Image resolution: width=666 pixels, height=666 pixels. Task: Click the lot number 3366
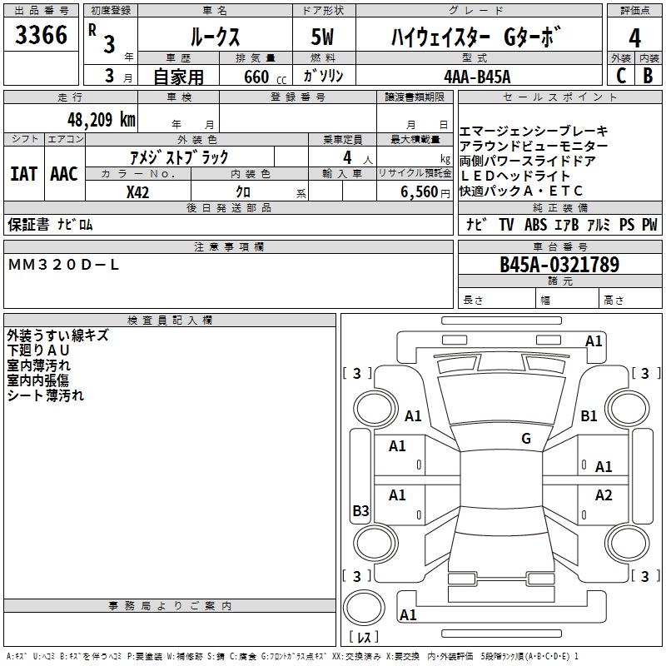42,36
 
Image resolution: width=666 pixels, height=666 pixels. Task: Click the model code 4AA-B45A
477,77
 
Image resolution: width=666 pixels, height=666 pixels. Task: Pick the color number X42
138,191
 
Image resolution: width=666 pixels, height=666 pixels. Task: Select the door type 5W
323,37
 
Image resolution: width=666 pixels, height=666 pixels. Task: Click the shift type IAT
23,173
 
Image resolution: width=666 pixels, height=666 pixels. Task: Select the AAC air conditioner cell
64,173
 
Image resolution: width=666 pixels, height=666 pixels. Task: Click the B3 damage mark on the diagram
360,511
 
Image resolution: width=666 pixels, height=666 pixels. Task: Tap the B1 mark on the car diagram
589,415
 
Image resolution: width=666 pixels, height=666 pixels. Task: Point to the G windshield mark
525,439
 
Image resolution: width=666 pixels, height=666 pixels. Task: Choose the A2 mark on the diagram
604,495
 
